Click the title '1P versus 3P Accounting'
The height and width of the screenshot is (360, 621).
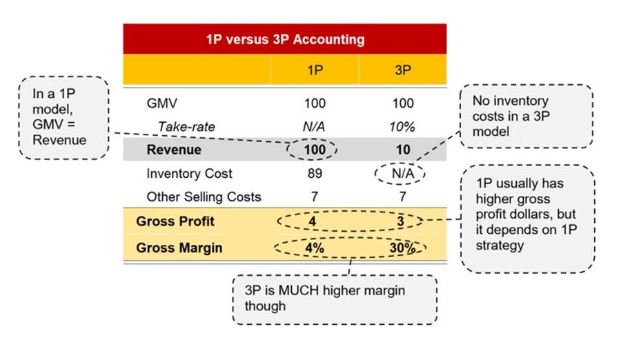click(284, 39)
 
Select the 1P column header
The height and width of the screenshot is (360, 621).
click(315, 70)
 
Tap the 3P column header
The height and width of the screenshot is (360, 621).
click(403, 70)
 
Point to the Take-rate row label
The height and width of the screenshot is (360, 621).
click(186, 126)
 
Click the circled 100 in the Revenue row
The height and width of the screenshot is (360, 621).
click(315, 150)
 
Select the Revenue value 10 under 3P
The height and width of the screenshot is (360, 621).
click(403, 150)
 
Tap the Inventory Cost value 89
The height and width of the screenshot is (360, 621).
click(315, 174)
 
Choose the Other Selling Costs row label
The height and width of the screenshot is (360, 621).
click(204, 197)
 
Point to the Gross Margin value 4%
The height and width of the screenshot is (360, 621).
click(315, 248)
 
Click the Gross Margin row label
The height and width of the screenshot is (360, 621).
click(179, 248)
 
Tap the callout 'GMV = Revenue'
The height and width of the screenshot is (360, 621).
click(63, 118)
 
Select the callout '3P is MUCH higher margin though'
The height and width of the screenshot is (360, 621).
click(335, 299)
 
